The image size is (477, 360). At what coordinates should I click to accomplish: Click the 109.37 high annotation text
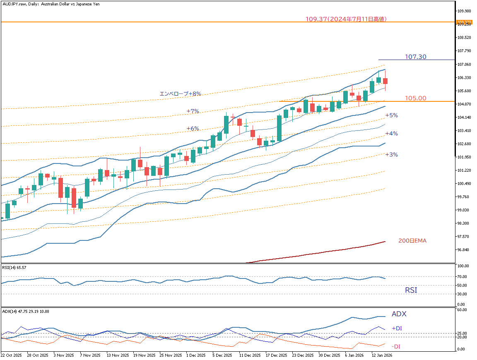pos(346,19)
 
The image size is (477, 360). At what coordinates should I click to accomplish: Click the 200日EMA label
pos(412,240)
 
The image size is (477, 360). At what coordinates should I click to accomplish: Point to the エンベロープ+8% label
pos(181,94)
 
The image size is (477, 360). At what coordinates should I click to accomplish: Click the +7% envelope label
pos(193,111)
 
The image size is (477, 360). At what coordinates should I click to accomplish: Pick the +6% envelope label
pos(193,129)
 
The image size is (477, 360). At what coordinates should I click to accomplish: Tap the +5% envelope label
pos(391,115)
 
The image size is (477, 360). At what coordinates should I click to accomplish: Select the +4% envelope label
pos(391,134)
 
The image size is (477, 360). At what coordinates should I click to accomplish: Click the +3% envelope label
pos(391,155)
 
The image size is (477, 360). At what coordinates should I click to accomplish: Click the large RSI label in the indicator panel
pos(411,290)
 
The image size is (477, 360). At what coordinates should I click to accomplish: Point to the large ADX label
pos(399,314)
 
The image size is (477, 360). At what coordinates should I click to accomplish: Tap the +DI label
pos(397,329)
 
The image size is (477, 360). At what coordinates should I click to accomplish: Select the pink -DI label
pos(396,347)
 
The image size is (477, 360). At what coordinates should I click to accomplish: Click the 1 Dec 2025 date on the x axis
pos(196,355)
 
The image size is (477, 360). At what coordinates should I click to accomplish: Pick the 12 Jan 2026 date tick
pos(382,355)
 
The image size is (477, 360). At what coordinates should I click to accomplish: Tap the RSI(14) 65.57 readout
pos(15,268)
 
